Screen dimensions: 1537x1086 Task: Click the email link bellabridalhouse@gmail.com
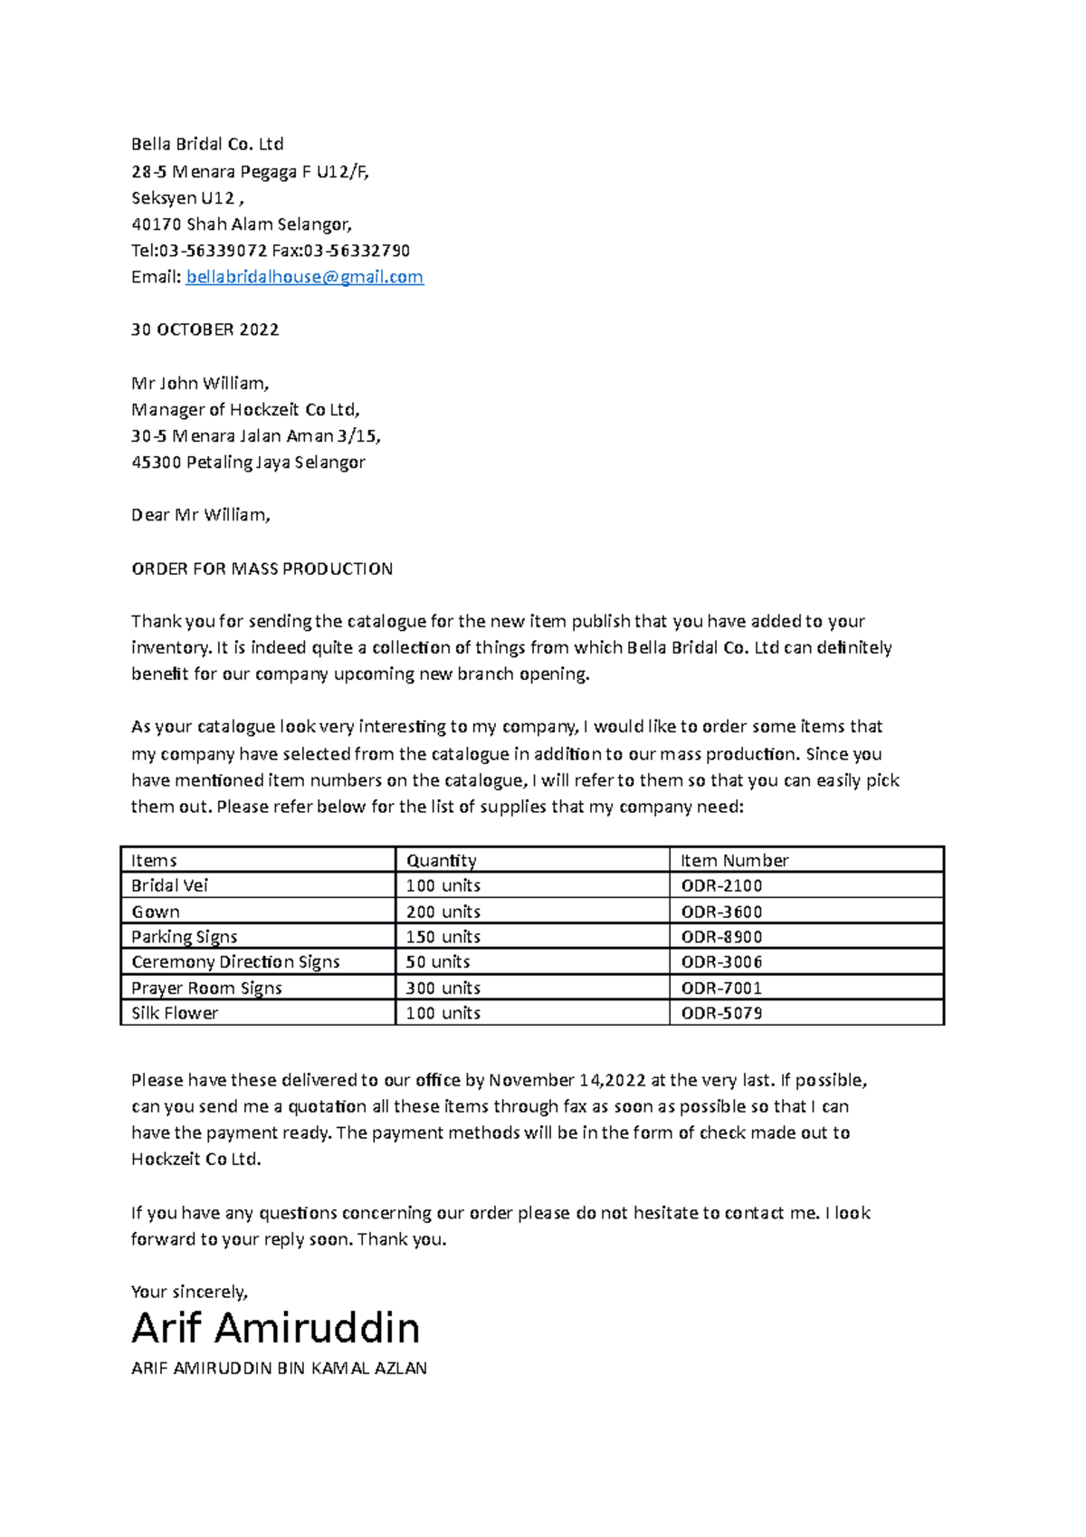[x=304, y=277]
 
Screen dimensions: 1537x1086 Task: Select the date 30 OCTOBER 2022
[x=205, y=329]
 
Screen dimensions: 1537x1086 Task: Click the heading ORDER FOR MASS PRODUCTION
[x=262, y=568]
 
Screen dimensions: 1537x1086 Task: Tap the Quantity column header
[x=441, y=860]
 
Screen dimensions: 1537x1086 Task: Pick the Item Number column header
[x=734, y=860]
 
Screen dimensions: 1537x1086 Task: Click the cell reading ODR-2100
[x=721, y=885]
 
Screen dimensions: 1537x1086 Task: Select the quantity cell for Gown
[x=443, y=912]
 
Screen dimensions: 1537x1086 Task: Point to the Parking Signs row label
[x=184, y=937]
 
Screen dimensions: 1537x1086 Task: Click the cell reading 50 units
[x=437, y=961]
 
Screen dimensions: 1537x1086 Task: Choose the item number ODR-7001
[x=721, y=988]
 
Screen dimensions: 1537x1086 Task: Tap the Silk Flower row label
[x=175, y=1013]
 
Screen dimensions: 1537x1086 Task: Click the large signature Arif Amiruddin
[x=275, y=1328]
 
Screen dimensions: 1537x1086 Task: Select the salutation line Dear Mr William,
[x=200, y=515]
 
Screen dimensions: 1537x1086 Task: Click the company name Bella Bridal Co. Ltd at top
[x=207, y=144]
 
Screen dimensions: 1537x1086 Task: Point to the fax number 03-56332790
[x=357, y=251]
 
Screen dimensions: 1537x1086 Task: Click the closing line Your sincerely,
[x=189, y=1292]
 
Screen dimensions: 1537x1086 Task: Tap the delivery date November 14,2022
[x=567, y=1080]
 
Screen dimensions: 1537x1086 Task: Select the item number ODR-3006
[x=721, y=961]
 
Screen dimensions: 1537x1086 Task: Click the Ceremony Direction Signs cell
[x=235, y=961]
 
